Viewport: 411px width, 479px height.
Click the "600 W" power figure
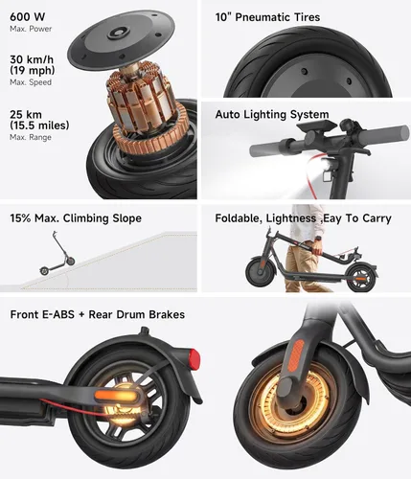(27, 15)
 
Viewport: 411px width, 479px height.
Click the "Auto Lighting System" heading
(272, 114)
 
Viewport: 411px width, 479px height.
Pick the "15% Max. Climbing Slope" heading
(77, 218)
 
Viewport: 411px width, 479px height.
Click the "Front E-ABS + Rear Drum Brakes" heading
(98, 314)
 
